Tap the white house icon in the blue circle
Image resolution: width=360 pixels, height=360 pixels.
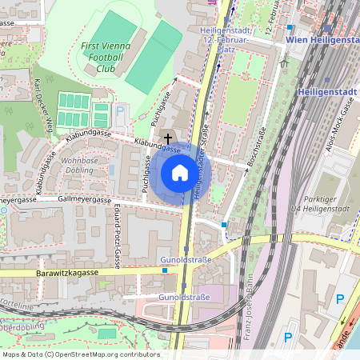(x=180, y=173)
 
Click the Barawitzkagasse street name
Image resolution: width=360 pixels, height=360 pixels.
(x=67, y=273)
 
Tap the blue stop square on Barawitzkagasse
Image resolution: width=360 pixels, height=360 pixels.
(x=165, y=270)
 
